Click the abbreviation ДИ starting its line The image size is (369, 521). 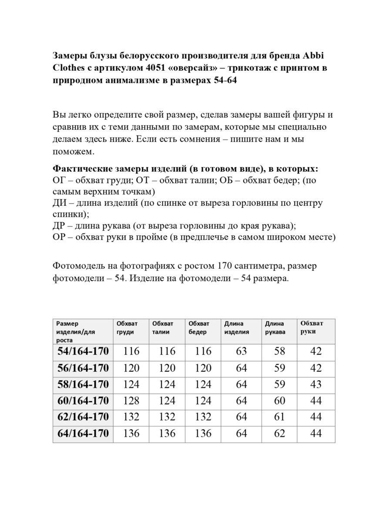coord(59,203)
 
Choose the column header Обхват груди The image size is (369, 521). coord(127,328)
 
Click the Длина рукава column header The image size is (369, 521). coord(275,328)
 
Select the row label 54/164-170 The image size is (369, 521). coord(83,352)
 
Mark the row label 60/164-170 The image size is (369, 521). coord(83,401)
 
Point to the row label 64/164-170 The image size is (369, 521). coord(83,433)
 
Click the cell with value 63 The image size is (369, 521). coord(242,352)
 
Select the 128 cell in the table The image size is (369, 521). coord(131,401)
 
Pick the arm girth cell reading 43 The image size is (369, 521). coord(316,385)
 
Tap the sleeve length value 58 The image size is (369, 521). coord(280,352)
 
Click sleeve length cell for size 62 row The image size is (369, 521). coord(280,417)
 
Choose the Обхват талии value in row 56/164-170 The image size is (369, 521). coord(167,368)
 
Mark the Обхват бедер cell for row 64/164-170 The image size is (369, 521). coord(203,433)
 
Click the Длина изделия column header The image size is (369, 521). coord(237,328)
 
